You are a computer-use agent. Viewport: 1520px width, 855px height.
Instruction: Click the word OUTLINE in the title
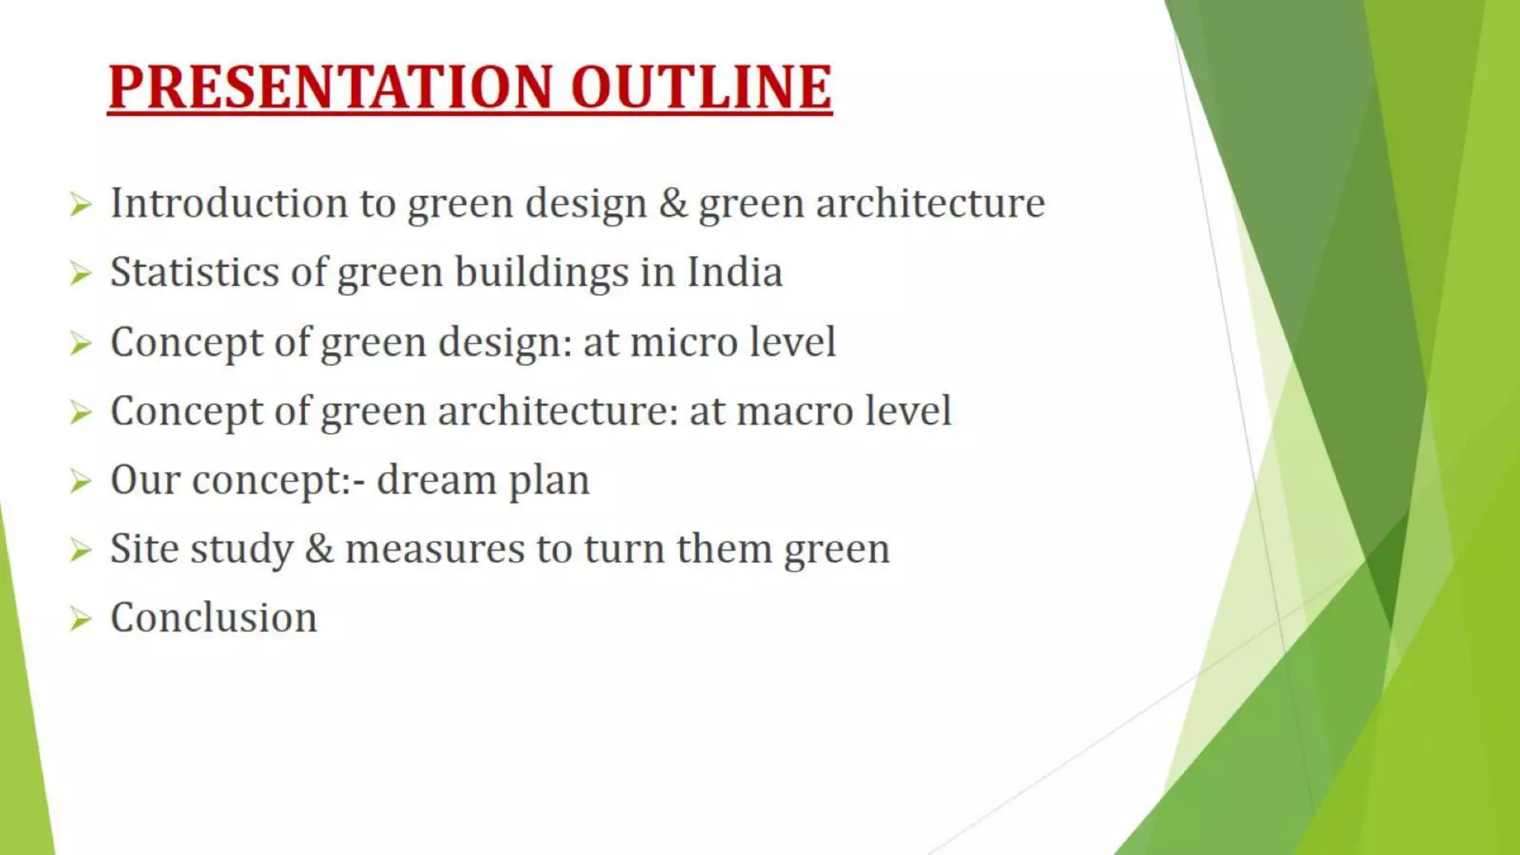(701, 88)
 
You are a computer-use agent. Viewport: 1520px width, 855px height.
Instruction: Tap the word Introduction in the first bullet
(229, 203)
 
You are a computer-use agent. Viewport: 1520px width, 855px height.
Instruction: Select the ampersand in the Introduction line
(673, 203)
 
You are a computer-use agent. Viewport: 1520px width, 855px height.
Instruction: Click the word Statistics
(194, 272)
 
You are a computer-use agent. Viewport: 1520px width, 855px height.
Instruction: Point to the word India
(734, 272)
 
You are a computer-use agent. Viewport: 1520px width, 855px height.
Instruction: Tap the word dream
(436, 480)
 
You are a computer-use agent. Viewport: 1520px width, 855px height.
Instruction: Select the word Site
(144, 549)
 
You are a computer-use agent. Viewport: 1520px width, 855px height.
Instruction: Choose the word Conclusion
(214, 617)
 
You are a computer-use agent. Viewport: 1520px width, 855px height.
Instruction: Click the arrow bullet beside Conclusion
(80, 618)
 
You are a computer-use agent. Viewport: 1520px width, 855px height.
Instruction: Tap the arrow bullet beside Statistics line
(80, 274)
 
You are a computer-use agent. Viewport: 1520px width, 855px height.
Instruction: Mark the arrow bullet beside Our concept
(80, 481)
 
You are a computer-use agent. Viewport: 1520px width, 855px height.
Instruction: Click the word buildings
(541, 272)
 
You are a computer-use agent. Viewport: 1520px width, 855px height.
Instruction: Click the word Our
(145, 480)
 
